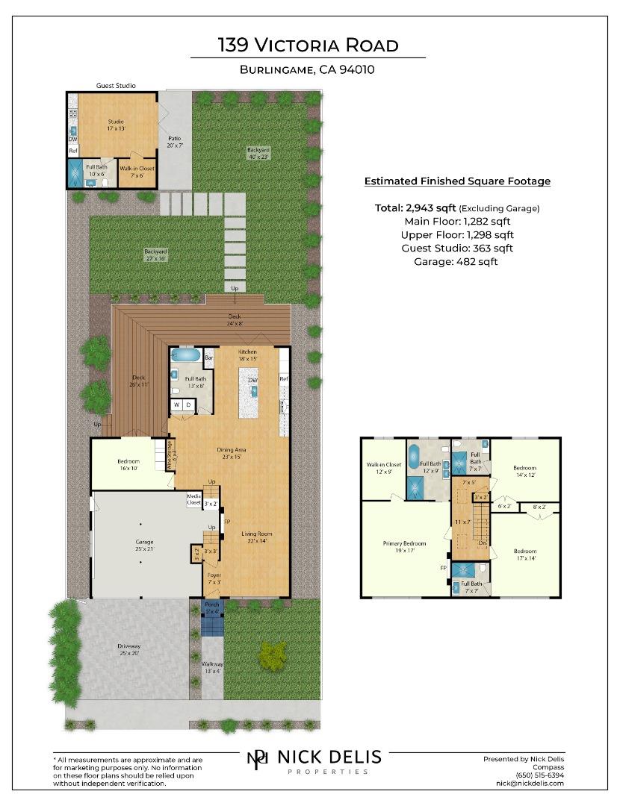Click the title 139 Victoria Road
(x=308, y=45)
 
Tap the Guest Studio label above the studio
(x=116, y=86)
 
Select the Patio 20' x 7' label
(x=174, y=142)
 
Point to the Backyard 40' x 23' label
(x=258, y=153)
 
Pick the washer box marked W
(x=178, y=405)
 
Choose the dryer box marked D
(x=190, y=405)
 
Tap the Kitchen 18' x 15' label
(x=247, y=354)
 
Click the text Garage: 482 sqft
(x=456, y=261)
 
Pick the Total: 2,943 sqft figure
(x=415, y=208)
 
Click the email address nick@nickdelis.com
(x=530, y=783)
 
